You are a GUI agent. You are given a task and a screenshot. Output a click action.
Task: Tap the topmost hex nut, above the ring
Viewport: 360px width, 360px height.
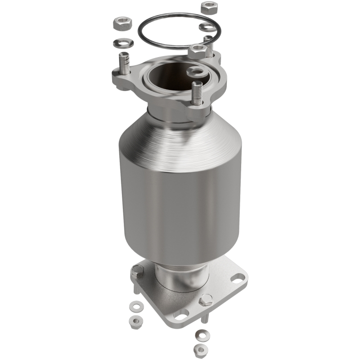point(208,7)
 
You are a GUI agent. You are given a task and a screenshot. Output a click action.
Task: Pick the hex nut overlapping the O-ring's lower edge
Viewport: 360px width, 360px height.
point(197,50)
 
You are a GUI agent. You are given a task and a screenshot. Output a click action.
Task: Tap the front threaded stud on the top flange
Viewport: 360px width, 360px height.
point(196,94)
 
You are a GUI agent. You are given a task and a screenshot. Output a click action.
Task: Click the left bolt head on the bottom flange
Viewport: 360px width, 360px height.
point(137,271)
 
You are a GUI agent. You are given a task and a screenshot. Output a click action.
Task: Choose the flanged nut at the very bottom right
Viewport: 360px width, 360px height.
point(200,349)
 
